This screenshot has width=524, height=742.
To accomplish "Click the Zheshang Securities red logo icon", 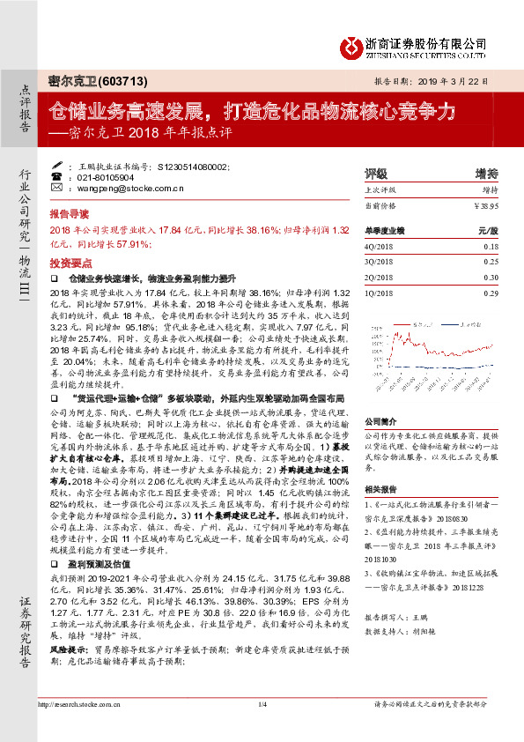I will (x=351, y=43).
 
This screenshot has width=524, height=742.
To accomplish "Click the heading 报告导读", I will (x=69, y=214).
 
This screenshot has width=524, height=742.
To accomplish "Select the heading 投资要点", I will (x=69, y=263).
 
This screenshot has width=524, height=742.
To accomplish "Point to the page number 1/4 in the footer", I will (x=262, y=728).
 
